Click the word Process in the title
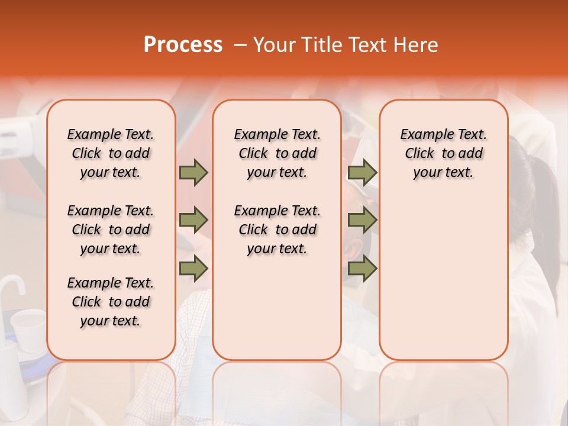[x=183, y=45]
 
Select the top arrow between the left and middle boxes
[x=193, y=173]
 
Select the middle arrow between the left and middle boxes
[x=193, y=221]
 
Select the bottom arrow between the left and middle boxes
[x=193, y=269]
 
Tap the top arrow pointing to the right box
[x=362, y=173]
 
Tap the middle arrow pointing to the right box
[x=362, y=221]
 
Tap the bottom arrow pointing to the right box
[x=362, y=269]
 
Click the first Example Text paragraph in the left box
[x=111, y=153]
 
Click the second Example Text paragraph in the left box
[x=111, y=230]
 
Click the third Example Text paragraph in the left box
[x=111, y=302]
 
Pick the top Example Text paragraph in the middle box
[x=277, y=153]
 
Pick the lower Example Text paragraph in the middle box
[x=277, y=230]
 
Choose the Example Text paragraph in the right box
[x=443, y=153]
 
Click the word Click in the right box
[x=419, y=154]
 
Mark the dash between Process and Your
[x=240, y=45]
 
